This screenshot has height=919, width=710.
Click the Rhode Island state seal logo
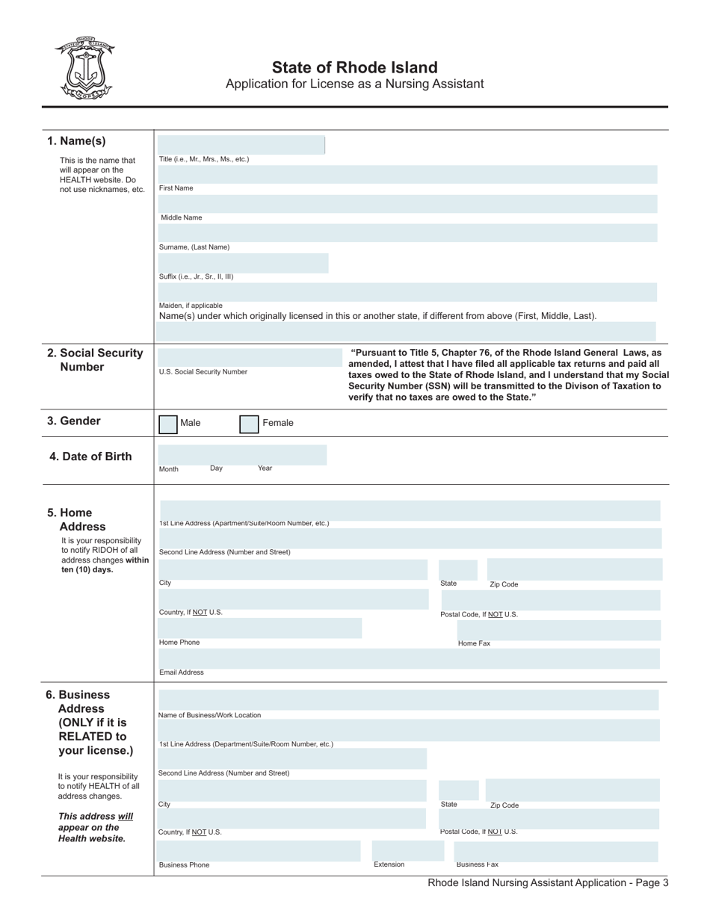pyautogui.click(x=83, y=68)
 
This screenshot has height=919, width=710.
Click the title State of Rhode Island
pyautogui.click(x=354, y=67)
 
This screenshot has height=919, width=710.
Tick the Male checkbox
pyautogui.click(x=168, y=424)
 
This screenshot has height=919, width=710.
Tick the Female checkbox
pyautogui.click(x=249, y=424)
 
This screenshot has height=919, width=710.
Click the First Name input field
pyautogui.click(x=407, y=174)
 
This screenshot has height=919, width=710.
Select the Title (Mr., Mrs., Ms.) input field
pyautogui.click(x=241, y=145)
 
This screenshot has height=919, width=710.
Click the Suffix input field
pyautogui.click(x=243, y=262)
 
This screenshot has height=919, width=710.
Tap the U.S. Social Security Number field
pyautogui.click(x=247, y=356)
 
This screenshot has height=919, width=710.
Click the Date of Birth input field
pyautogui.click(x=242, y=454)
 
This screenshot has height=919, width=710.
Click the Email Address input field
pyautogui.click(x=409, y=658)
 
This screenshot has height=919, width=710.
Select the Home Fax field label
pyautogui.click(x=474, y=643)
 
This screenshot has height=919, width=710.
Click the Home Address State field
pyautogui.click(x=457, y=569)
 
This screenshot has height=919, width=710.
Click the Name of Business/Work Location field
pyautogui.click(x=407, y=700)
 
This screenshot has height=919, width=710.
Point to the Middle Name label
pyautogui.click(x=182, y=218)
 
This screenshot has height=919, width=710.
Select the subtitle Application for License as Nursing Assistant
pyautogui.click(x=354, y=84)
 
